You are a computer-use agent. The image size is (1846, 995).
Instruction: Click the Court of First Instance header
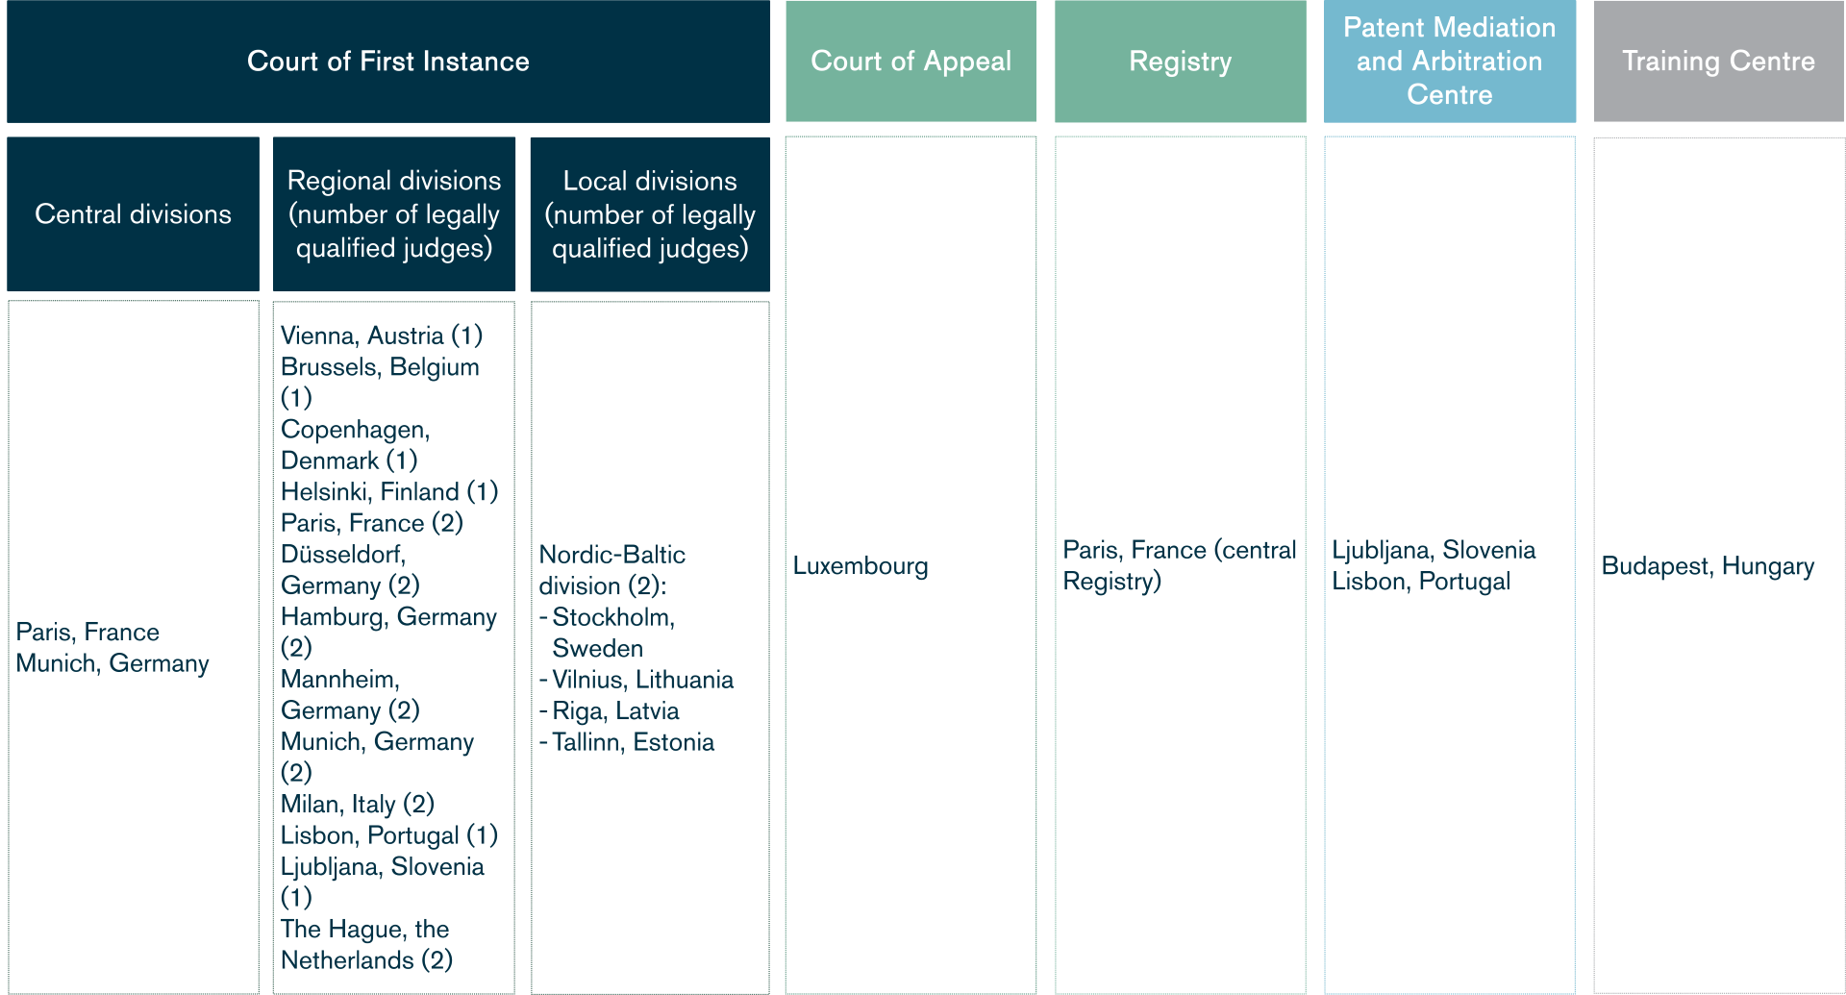pyautogui.click(x=388, y=62)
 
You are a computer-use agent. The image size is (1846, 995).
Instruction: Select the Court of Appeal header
pyautogui.click(x=911, y=62)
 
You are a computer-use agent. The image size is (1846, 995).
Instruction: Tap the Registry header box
pyautogui.click(x=1180, y=62)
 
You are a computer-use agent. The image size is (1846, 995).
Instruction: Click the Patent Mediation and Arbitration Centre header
pyautogui.click(x=1449, y=62)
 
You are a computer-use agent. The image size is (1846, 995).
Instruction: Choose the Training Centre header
pyautogui.click(x=1718, y=62)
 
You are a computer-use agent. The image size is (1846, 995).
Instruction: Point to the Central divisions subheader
pyautogui.click(x=133, y=213)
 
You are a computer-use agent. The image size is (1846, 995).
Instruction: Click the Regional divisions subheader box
pyautogui.click(x=394, y=213)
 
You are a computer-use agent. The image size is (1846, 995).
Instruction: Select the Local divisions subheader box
pyautogui.click(x=650, y=213)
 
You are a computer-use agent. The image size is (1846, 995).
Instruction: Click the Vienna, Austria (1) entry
pyautogui.click(x=381, y=336)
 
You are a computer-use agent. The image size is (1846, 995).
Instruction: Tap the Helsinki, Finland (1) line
pyautogui.click(x=388, y=492)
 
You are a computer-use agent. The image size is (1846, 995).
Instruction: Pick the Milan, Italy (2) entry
pyautogui.click(x=357, y=804)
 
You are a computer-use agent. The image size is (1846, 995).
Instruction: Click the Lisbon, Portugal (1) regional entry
pyautogui.click(x=388, y=835)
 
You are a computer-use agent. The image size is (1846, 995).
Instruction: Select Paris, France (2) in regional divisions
pyautogui.click(x=371, y=523)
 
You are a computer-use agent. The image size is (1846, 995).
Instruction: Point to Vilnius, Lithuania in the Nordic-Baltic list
pyautogui.click(x=642, y=680)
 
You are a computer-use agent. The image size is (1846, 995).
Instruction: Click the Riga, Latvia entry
pyautogui.click(x=615, y=711)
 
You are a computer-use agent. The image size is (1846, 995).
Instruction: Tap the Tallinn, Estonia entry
pyautogui.click(x=633, y=742)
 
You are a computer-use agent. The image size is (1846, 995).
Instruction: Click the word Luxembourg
pyautogui.click(x=861, y=566)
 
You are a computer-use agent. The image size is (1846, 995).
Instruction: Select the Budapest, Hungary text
pyautogui.click(x=1708, y=566)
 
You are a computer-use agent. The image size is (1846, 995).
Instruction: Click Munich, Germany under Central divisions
pyautogui.click(x=112, y=663)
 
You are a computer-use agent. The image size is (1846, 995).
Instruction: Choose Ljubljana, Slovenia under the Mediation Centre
pyautogui.click(x=1434, y=550)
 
